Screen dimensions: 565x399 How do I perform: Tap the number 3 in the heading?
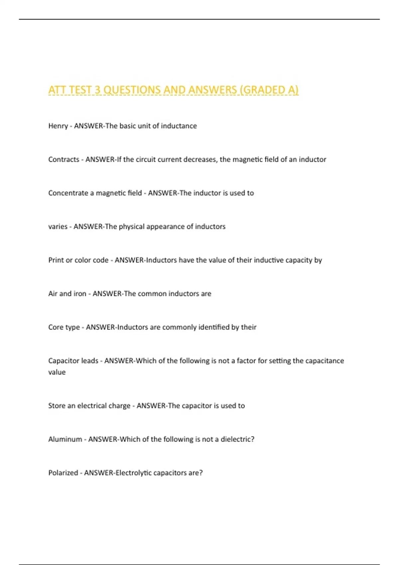(x=97, y=90)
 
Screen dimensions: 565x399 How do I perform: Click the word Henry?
(x=58, y=126)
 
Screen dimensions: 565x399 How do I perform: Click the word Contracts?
(x=64, y=160)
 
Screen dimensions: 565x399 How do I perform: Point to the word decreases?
(x=199, y=160)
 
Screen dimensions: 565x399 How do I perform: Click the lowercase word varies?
(x=58, y=227)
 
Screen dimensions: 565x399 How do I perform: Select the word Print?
(x=56, y=260)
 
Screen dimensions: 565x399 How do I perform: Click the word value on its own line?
(x=57, y=372)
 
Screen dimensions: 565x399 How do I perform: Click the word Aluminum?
(x=65, y=439)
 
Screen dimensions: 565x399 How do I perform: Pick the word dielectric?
(x=236, y=439)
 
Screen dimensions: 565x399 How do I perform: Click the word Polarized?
(x=63, y=473)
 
